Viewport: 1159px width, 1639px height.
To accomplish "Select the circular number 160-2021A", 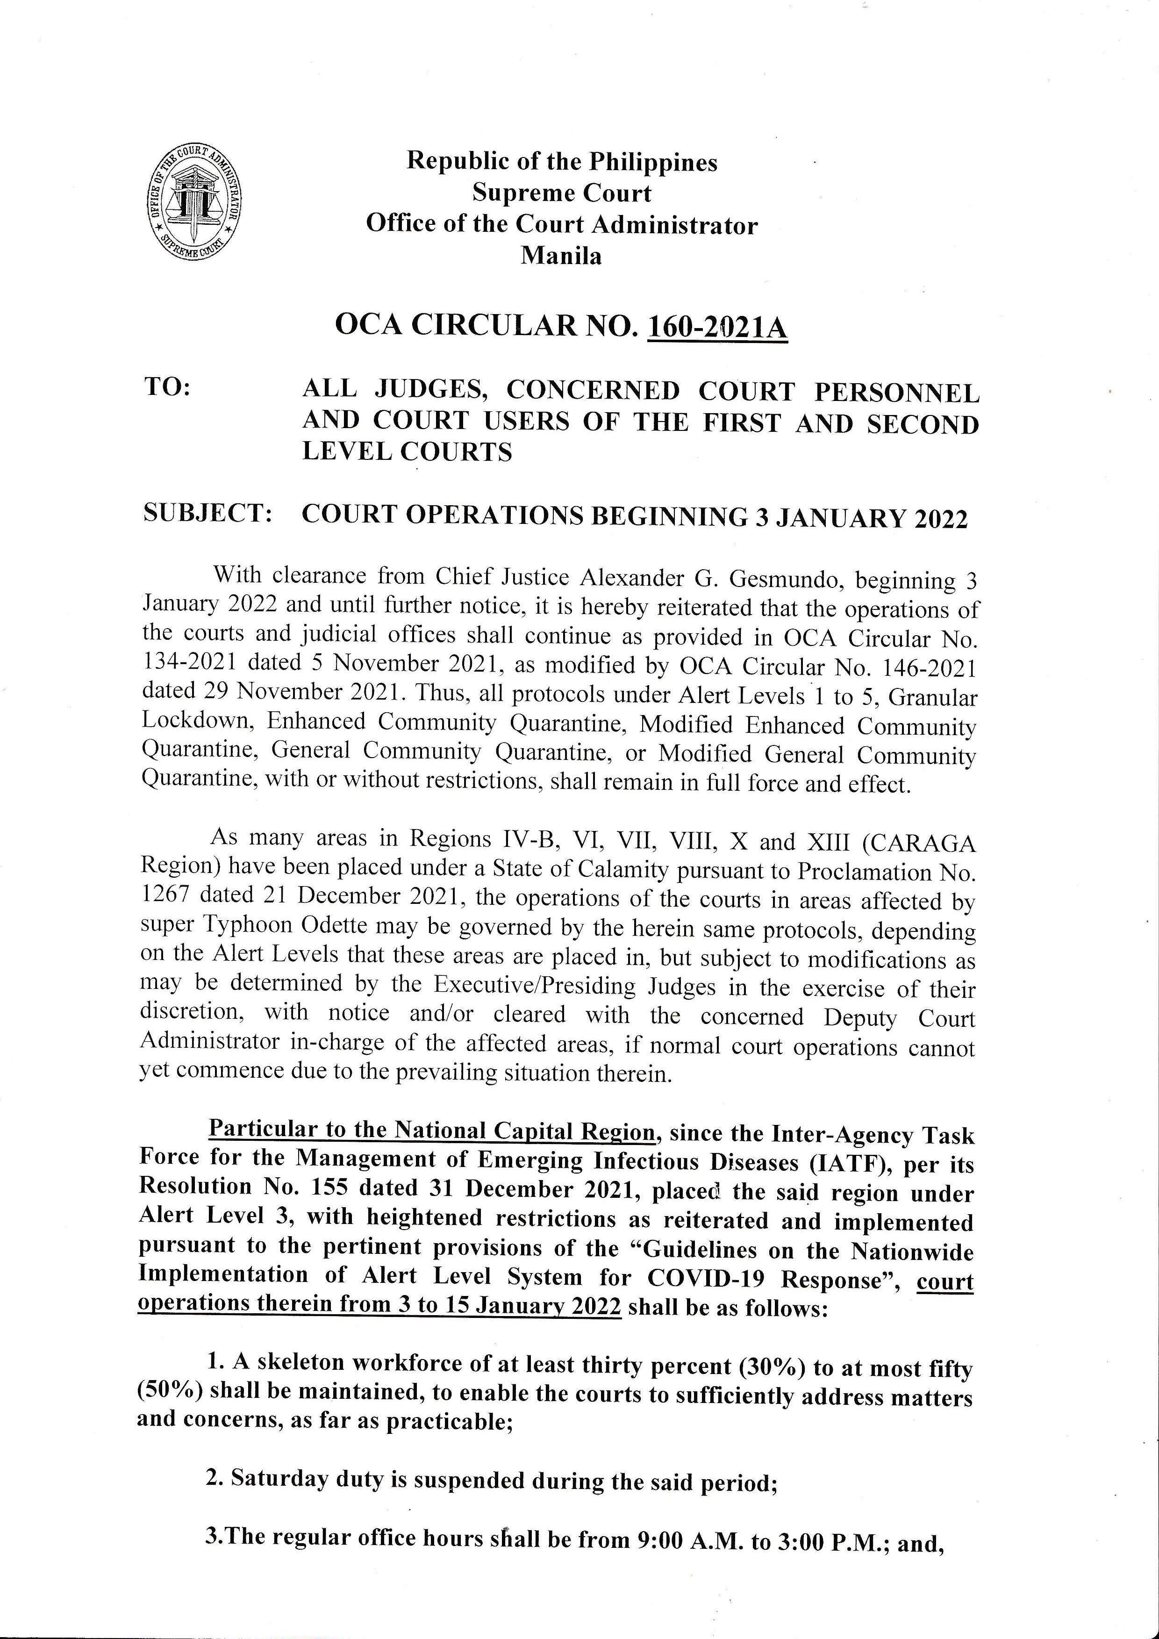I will pyautogui.click(x=716, y=328).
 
